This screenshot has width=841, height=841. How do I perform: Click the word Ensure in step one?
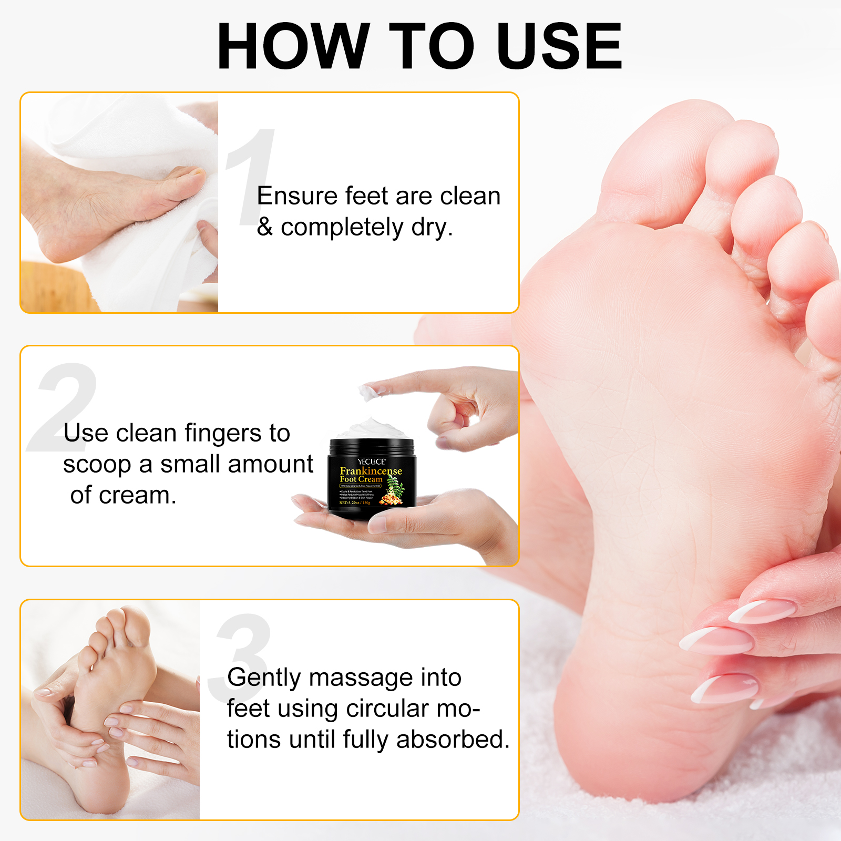297,196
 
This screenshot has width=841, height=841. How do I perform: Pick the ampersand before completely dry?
264,227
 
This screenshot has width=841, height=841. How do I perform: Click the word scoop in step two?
97,465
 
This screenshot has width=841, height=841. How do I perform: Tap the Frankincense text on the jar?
371,470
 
